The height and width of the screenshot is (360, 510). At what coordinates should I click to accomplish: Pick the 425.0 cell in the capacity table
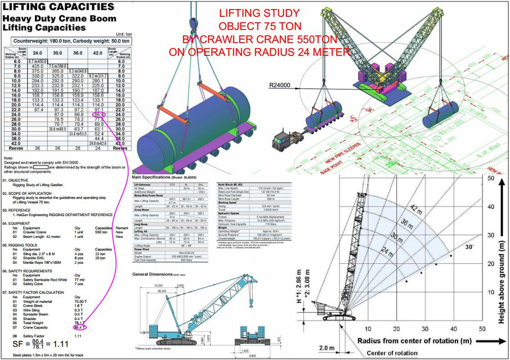click(x=38, y=66)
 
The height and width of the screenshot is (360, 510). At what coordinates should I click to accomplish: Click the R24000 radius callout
click(x=281, y=85)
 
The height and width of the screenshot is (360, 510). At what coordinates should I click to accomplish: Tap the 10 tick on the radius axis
click(x=368, y=329)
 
